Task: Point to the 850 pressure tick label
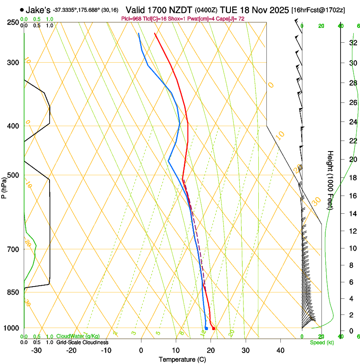click(13, 292)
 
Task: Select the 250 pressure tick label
click(13, 22)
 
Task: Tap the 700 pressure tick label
click(13, 249)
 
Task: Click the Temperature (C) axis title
click(182, 359)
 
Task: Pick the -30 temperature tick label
click(36, 350)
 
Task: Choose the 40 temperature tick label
click(280, 350)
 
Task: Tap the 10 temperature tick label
click(176, 350)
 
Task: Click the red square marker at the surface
click(213, 328)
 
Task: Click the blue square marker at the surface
click(206, 328)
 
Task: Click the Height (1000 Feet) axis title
click(330, 179)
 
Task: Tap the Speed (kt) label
click(321, 342)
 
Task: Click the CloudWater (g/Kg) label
click(78, 336)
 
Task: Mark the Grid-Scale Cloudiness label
click(82, 342)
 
